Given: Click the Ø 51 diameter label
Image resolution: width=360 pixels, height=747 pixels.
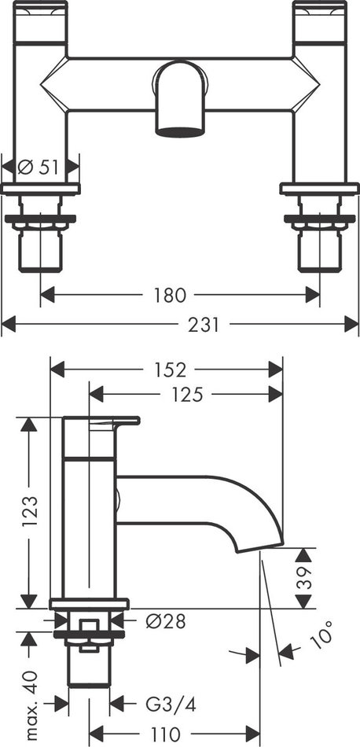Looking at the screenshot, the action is click(38, 167).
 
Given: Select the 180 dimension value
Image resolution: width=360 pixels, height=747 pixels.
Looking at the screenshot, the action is click(169, 296).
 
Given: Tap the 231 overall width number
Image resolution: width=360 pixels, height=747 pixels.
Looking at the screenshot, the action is click(204, 325).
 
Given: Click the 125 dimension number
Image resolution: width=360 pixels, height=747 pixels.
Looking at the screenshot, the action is click(186, 395).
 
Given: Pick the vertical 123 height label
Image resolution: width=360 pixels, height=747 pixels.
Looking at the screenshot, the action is click(29, 512).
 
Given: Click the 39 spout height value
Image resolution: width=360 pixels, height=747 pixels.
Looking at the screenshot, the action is click(303, 578).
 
